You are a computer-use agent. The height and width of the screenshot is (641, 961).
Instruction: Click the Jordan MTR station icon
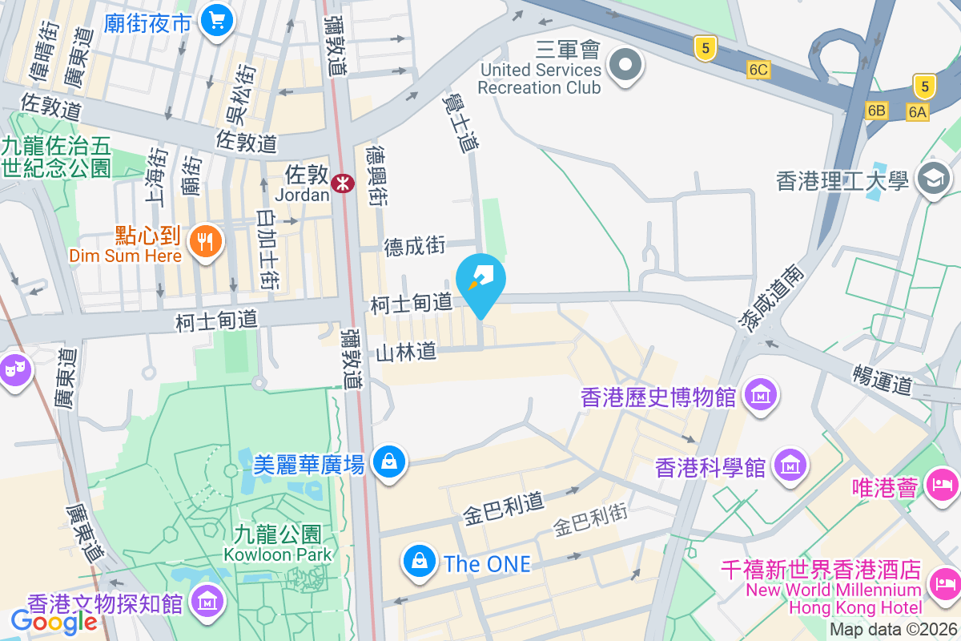[x=344, y=183]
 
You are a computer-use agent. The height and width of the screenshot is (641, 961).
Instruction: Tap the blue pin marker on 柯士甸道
[x=480, y=281]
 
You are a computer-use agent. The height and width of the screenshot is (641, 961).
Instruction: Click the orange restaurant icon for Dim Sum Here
[x=205, y=240]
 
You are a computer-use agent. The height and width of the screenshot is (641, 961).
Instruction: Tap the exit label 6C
[x=758, y=70]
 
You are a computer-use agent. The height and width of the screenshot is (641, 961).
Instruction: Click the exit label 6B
[x=875, y=111]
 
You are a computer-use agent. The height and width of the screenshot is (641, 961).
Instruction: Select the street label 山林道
[x=406, y=351]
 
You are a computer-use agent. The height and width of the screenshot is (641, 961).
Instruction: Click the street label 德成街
[x=415, y=247]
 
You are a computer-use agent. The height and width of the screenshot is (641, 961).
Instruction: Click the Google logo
[x=54, y=621]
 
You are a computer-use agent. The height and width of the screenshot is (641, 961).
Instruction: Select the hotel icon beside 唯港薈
[x=942, y=484]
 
